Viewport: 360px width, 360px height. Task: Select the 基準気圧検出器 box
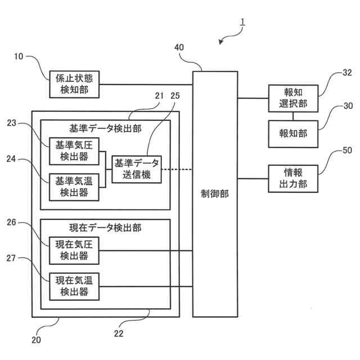point(74,150)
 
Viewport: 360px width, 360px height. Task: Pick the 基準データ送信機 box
point(137,169)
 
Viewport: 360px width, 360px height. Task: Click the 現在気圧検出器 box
point(74,251)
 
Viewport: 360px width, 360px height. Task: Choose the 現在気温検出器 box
point(74,286)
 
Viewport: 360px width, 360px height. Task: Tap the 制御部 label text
point(215,193)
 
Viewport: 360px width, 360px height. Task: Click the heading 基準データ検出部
point(105,128)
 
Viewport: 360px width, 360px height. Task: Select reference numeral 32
point(347,73)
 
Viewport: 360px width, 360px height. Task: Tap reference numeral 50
point(347,151)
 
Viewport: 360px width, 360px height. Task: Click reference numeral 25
point(175,96)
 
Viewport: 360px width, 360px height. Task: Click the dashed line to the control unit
point(177,169)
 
